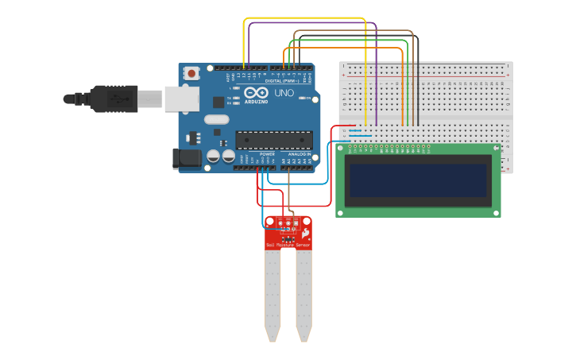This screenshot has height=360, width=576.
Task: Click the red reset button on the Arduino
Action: [x=191, y=73]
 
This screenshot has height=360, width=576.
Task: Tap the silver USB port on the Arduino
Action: [x=181, y=99]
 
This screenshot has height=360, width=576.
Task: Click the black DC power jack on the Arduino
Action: [x=187, y=158]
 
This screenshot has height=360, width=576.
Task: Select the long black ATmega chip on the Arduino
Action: [x=273, y=141]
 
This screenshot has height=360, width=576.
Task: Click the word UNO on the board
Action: [x=284, y=93]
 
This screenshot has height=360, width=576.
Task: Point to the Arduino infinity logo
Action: [x=257, y=93]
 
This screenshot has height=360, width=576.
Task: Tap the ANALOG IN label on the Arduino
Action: [x=300, y=153]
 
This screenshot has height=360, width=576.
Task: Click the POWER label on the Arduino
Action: [x=267, y=153]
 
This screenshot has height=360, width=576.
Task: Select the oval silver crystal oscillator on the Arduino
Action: [x=216, y=120]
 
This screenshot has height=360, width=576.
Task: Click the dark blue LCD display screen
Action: [x=418, y=180]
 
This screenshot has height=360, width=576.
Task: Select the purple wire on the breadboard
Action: [x=375, y=79]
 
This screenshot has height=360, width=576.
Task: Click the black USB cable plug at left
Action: [x=111, y=99]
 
